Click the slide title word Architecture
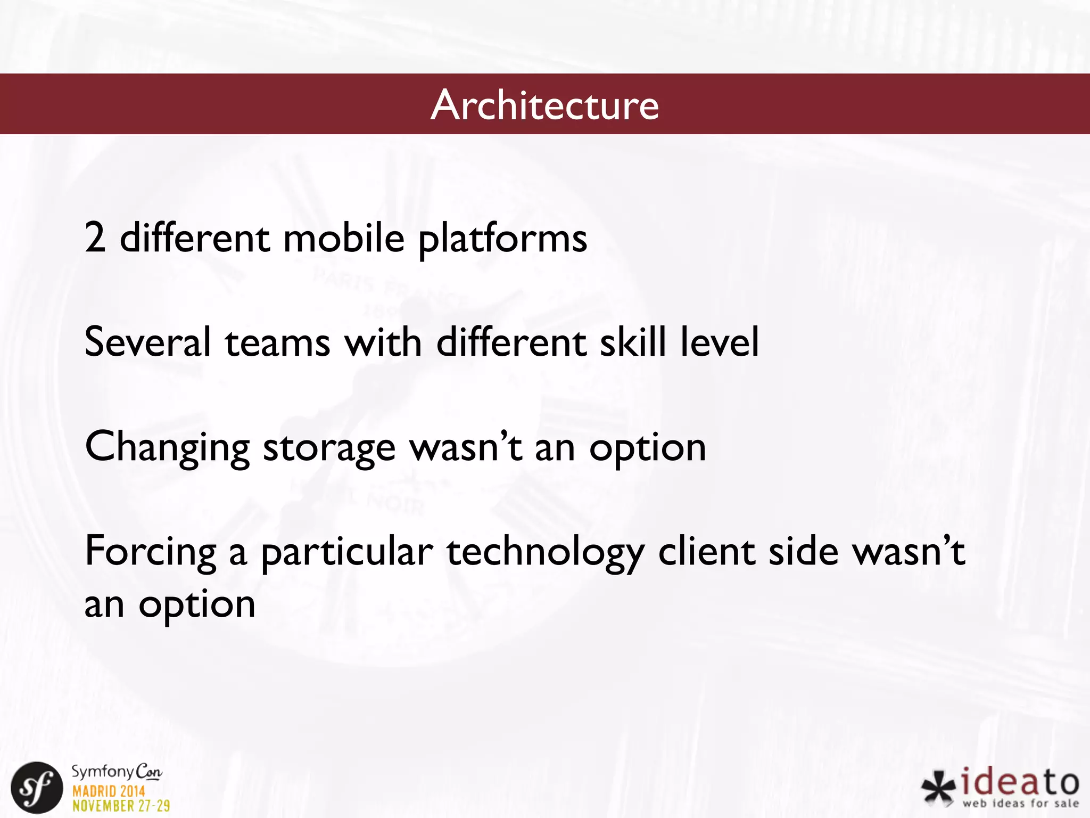(x=544, y=105)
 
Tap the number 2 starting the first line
(x=95, y=238)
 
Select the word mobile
(x=344, y=238)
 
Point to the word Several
(x=147, y=342)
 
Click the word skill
(x=632, y=342)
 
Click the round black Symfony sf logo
(x=37, y=788)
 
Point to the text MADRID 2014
(x=109, y=791)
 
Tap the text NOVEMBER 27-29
(x=121, y=806)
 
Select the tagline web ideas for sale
(x=1020, y=803)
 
